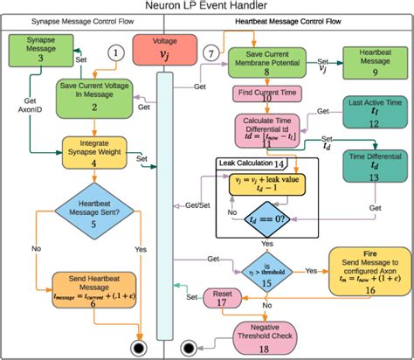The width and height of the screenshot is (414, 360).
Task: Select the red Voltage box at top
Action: tap(159, 52)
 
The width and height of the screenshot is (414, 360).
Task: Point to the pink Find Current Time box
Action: tap(265, 93)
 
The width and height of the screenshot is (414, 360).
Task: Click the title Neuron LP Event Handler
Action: tap(207, 8)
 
